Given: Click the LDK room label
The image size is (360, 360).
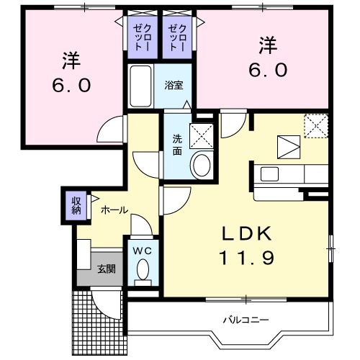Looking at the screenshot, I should pyautogui.click(x=246, y=234).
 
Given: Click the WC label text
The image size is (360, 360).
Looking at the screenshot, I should pyautogui.click(x=142, y=251).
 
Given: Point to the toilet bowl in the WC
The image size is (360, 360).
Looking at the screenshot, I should pyautogui.click(x=142, y=271).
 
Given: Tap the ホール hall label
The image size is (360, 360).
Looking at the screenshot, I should pyautogui.click(x=114, y=210).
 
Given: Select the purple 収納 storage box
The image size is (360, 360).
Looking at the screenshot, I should pyautogui.click(x=76, y=205).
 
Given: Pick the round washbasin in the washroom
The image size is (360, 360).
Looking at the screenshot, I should pyautogui.click(x=202, y=165).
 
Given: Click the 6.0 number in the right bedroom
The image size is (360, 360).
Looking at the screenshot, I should pyautogui.click(x=269, y=69).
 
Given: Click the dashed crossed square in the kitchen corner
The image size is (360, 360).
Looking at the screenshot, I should pyautogui.click(x=316, y=125).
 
